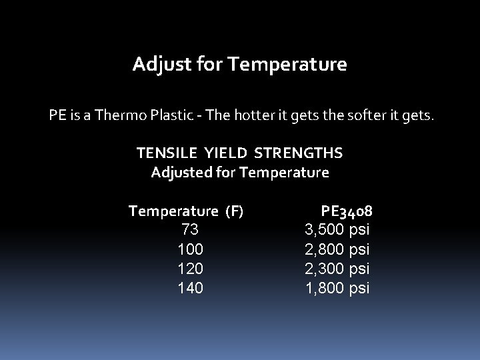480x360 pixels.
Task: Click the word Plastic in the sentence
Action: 185,116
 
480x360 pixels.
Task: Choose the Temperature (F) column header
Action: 186,211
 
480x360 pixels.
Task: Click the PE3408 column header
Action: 346,211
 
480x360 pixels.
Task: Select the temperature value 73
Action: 190,230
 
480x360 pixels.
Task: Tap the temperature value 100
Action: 190,249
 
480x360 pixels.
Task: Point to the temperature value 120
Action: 190,269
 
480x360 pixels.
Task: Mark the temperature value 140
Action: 190,288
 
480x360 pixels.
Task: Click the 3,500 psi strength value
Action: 337,230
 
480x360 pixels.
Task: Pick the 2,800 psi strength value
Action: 337,249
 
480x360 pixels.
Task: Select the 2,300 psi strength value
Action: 337,269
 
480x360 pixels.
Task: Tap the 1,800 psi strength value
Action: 337,288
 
